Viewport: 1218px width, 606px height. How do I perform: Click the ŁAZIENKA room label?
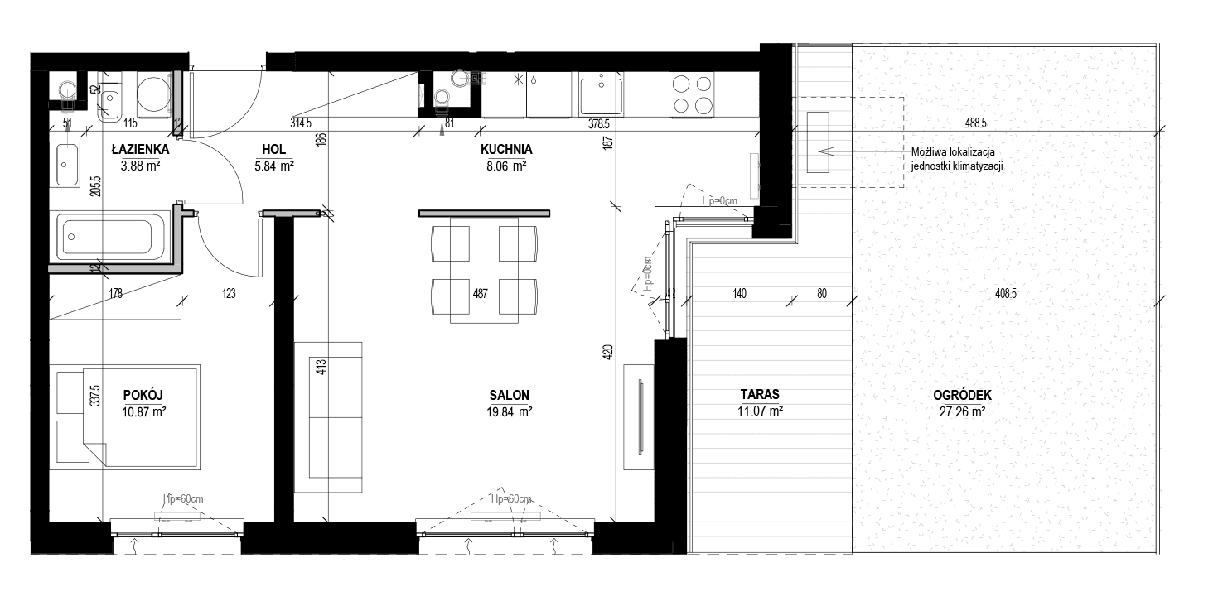pos(140,150)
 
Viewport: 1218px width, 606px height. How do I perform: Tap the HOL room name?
pos(274,150)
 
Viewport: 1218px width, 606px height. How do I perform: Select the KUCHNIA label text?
pos(506,150)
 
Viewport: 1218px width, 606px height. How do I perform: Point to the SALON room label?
pos(509,395)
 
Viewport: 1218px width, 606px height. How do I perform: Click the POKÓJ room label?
pos(143,395)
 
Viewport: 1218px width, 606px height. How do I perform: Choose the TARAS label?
pos(760,394)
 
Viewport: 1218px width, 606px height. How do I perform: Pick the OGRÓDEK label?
pos(963,395)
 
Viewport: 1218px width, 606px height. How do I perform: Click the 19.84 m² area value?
pos(509,412)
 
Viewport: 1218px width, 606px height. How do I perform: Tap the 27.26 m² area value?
pos(963,412)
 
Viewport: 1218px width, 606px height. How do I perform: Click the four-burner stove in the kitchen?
pos(692,94)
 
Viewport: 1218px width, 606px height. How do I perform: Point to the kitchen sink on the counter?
pos(600,94)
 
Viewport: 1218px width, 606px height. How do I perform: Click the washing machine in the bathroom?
pos(152,94)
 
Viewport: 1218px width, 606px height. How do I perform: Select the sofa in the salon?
pos(328,417)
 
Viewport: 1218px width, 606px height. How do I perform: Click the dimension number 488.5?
pos(975,123)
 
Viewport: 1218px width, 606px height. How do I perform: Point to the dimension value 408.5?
pos(1005,294)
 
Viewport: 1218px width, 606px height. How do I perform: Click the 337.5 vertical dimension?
pos(96,395)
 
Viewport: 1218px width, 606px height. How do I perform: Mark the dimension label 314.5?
pos(301,123)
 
